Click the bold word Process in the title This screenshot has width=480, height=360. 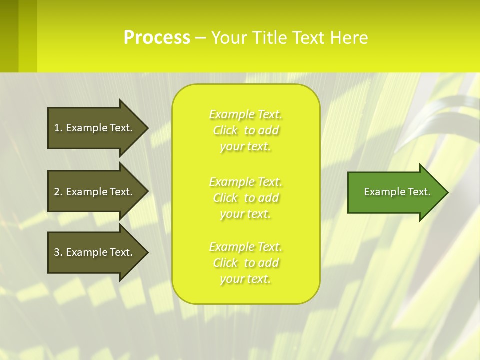click(x=157, y=38)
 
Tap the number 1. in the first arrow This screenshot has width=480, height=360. click(x=58, y=128)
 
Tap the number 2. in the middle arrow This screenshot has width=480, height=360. click(x=58, y=192)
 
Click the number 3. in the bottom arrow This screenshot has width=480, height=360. click(x=58, y=252)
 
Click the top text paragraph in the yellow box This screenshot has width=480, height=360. click(x=246, y=130)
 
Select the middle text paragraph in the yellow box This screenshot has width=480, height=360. click(x=246, y=198)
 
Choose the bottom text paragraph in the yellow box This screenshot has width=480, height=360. click(x=246, y=263)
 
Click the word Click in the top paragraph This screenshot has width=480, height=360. click(x=225, y=131)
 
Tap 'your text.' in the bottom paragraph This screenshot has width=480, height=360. click(x=245, y=279)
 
